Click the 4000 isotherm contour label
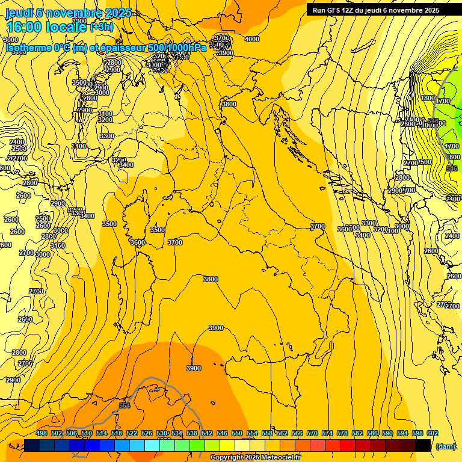252,39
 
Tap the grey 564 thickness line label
125,405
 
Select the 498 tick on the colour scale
42,433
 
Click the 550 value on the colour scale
237,433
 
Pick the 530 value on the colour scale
162,433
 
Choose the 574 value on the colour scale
327,433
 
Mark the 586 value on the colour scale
372,433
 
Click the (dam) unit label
445,446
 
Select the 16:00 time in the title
25,27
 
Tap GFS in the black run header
336,10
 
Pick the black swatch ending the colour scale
423,445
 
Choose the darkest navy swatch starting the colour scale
32,445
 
